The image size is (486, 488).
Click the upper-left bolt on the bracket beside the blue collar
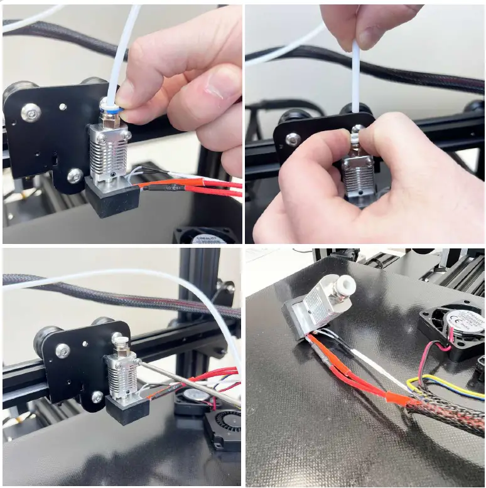pyautogui.click(x=31, y=112)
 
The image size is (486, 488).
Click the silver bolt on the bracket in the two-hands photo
pyautogui.click(x=293, y=139)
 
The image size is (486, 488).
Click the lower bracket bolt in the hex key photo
pyautogui.click(x=97, y=396)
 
